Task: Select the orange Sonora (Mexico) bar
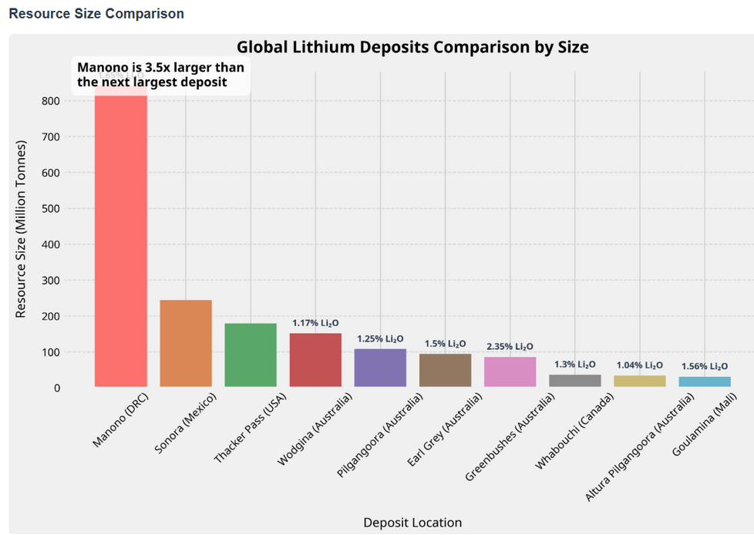(x=186, y=343)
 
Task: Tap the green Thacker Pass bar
(x=251, y=355)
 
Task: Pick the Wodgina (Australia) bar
(x=315, y=360)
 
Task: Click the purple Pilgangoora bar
(x=380, y=368)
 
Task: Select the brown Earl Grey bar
(x=445, y=370)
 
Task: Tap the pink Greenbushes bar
(x=510, y=372)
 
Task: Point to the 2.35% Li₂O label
(x=510, y=347)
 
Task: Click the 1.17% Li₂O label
(x=315, y=323)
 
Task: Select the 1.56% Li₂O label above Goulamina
(x=705, y=367)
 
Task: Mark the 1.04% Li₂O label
(x=640, y=365)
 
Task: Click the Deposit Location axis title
(x=412, y=523)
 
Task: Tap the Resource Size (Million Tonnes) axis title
(x=22, y=229)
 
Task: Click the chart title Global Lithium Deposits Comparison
(x=412, y=47)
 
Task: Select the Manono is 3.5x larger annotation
(x=160, y=75)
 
